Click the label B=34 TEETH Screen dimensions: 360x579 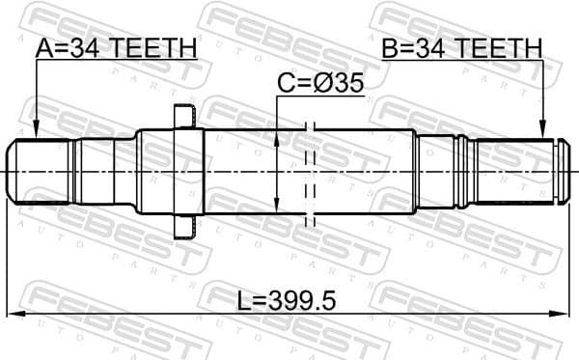click(461, 47)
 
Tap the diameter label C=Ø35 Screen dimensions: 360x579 click(320, 84)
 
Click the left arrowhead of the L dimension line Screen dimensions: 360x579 click(16, 314)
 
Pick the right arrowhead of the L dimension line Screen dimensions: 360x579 click(563, 314)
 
